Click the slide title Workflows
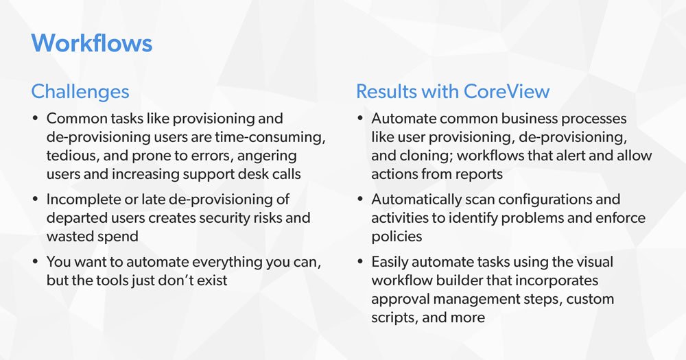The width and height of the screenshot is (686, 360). point(92,43)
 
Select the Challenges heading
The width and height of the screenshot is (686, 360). point(80,91)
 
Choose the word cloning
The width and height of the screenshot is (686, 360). point(418,156)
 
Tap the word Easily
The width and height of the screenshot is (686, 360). point(391,262)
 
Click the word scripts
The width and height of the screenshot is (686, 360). point(392,317)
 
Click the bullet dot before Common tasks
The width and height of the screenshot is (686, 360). point(36,119)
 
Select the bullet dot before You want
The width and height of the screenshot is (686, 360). point(36,262)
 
